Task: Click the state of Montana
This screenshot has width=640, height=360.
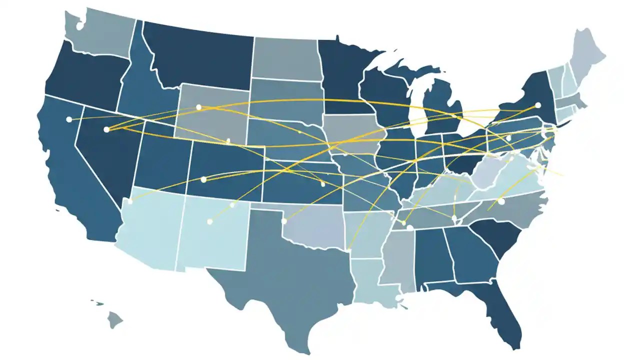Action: click(200, 55)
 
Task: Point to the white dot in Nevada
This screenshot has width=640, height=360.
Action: click(106, 129)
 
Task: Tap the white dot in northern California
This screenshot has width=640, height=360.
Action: click(69, 119)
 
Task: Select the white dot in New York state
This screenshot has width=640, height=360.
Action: click(538, 105)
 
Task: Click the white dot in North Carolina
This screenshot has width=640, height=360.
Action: click(501, 201)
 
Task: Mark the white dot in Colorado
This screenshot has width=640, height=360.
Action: click(203, 179)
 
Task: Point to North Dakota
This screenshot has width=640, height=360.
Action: click(285, 57)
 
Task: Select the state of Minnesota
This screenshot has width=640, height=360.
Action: click(345, 75)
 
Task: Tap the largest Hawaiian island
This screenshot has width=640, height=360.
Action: click(115, 319)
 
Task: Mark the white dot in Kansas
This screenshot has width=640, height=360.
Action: click(323, 184)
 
